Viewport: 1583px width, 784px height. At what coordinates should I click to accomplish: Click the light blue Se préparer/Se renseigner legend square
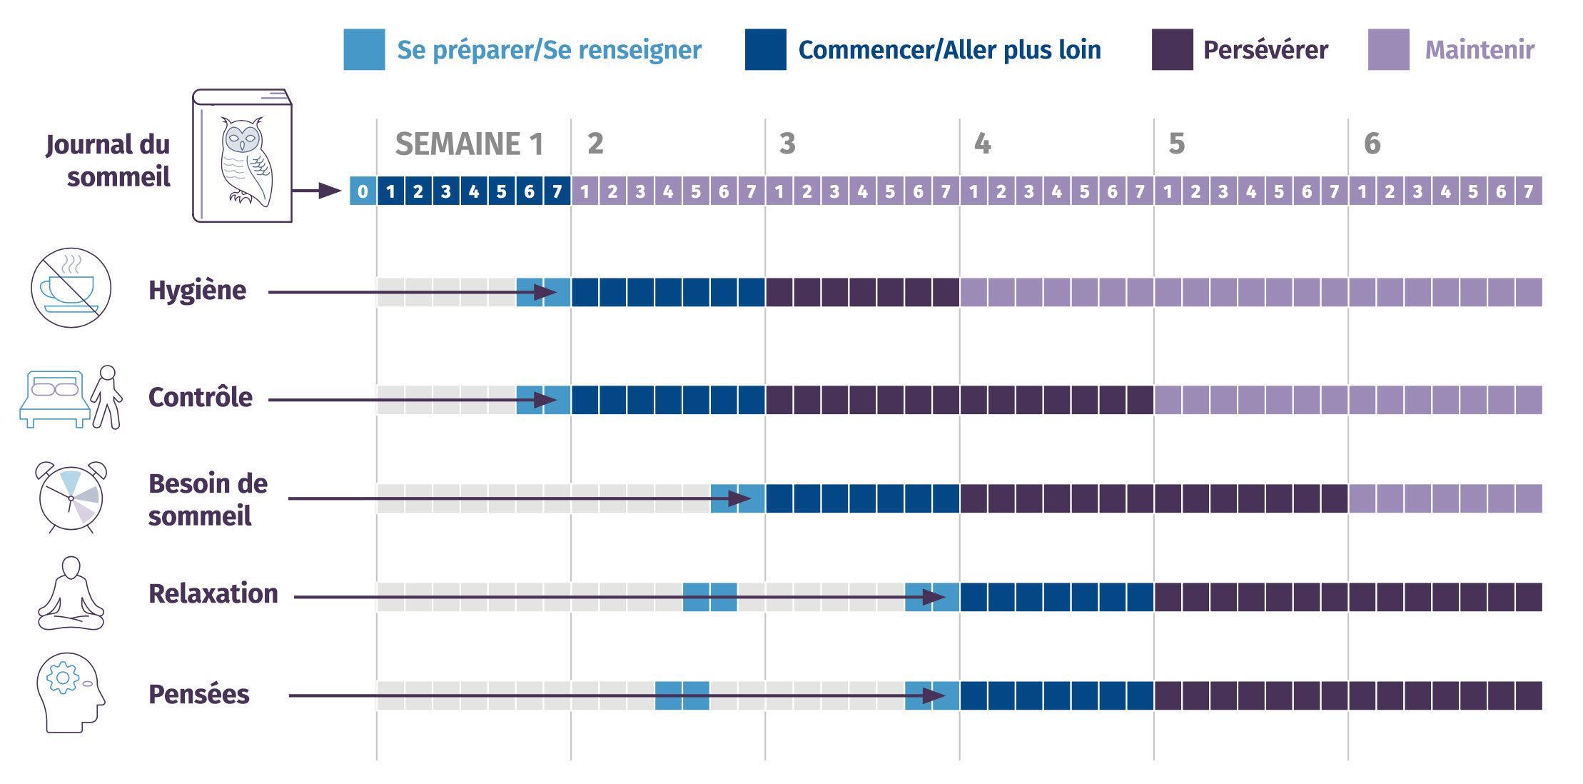click(364, 49)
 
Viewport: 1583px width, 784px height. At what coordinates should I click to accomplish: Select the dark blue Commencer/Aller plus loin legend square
click(765, 49)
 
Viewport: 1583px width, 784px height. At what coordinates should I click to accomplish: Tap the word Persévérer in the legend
click(1265, 50)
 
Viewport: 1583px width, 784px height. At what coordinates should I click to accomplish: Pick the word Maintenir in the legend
click(1480, 50)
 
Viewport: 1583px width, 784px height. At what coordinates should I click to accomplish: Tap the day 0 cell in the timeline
click(363, 191)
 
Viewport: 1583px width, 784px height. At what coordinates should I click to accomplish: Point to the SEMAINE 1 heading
click(469, 144)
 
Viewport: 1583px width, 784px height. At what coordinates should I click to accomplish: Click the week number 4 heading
click(982, 144)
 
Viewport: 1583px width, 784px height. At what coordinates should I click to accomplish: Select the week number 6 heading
click(1372, 144)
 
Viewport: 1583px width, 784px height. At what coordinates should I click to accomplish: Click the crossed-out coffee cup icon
click(71, 288)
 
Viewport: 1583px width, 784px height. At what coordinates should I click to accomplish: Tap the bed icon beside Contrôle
click(54, 398)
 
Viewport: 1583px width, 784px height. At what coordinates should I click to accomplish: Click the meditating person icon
click(71, 594)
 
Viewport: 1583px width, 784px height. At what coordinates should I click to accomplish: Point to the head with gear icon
click(70, 691)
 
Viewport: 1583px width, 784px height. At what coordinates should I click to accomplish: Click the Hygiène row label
click(197, 291)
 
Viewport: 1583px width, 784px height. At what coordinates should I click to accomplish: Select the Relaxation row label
click(213, 594)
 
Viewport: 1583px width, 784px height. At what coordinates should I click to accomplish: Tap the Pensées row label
click(198, 695)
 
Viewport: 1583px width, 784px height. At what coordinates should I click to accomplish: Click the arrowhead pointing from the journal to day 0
click(330, 191)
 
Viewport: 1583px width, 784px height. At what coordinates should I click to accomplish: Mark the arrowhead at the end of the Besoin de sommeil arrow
click(739, 498)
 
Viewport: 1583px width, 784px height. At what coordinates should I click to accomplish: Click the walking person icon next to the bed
click(107, 397)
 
